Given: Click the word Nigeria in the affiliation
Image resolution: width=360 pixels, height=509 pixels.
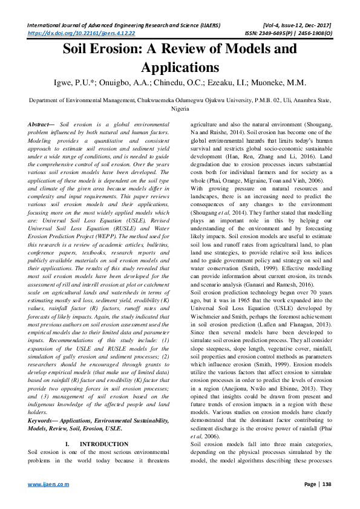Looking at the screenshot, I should point(180,109).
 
